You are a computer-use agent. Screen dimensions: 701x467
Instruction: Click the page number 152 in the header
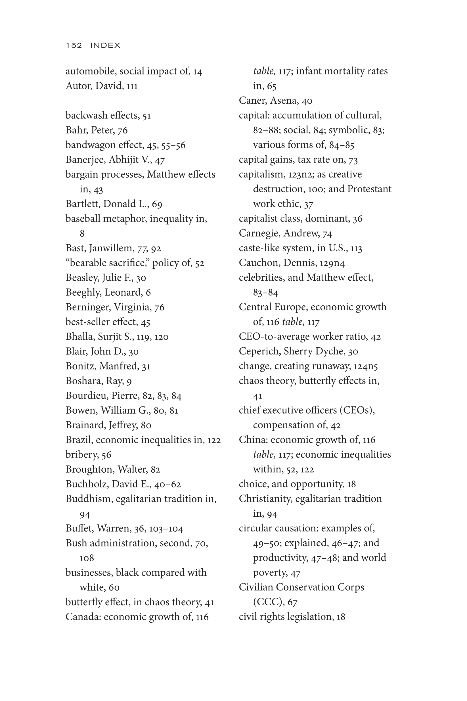point(74,45)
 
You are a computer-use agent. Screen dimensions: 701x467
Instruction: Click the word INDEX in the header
point(105,45)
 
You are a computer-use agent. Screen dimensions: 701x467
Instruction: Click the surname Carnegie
point(260,233)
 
